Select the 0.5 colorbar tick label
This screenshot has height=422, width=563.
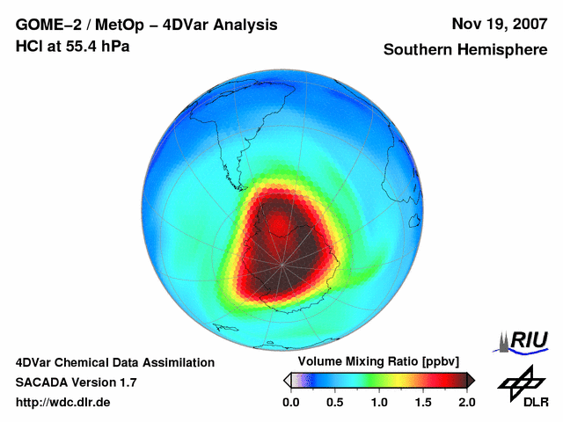point(334,402)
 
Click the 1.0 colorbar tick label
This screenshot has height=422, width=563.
point(378,402)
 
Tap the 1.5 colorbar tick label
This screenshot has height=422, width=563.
point(422,402)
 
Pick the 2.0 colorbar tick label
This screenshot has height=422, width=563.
point(466,402)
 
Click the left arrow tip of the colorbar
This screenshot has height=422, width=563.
point(286,380)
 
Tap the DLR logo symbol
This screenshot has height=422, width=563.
point(520,381)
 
